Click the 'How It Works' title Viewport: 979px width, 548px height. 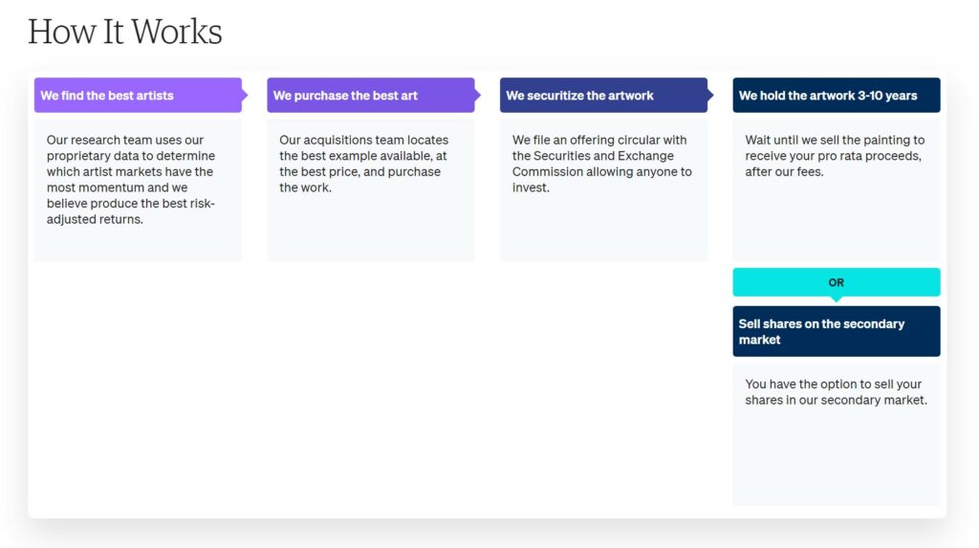pyautogui.click(x=125, y=32)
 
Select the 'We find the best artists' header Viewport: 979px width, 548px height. pyautogui.click(x=138, y=95)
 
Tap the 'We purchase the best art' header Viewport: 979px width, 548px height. pyautogui.click(x=371, y=95)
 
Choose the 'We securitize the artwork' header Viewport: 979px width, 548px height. pyautogui.click(x=604, y=95)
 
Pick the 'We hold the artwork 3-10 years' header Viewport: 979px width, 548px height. pyautogui.click(x=837, y=95)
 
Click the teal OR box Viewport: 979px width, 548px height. pyautogui.click(x=837, y=282)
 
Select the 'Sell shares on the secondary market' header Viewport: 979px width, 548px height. pyautogui.click(x=837, y=331)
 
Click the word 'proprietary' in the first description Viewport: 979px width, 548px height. pyautogui.click(x=78, y=156)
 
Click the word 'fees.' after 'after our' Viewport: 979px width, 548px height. pyautogui.click(x=810, y=172)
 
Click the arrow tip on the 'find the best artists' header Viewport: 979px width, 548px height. pyautogui.click(x=248, y=95)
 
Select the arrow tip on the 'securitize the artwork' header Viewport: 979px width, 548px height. pyautogui.click(x=713, y=95)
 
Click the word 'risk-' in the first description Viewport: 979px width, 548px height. pyautogui.click(x=201, y=204)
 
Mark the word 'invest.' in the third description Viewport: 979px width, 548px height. pyautogui.click(x=531, y=187)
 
